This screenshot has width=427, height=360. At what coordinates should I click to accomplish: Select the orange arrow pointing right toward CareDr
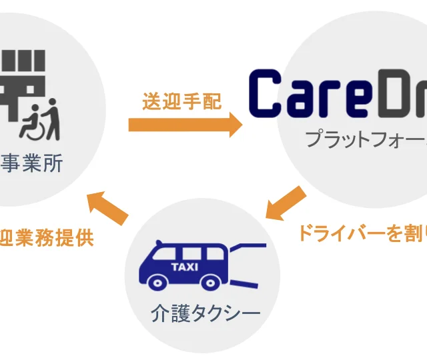coord(186,124)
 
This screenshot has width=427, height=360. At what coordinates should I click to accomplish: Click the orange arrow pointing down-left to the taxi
coord(286,203)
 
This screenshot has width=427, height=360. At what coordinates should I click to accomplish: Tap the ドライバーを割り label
coord(361,233)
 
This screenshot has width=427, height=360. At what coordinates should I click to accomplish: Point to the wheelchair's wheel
coord(29,130)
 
